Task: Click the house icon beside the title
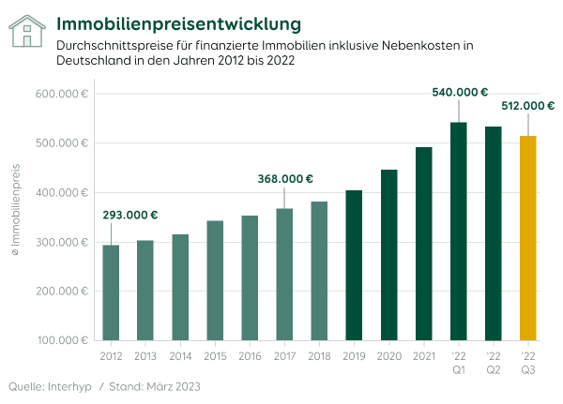coord(28,31)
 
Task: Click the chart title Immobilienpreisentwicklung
coord(179,22)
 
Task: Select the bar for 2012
coord(111,292)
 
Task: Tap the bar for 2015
coord(215,280)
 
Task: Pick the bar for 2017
coord(284,274)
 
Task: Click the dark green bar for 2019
coord(354,265)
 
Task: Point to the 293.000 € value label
coord(130,215)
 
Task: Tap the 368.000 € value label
coord(285,179)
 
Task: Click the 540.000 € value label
coord(460,92)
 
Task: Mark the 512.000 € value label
coord(529,106)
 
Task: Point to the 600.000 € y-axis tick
coord(64,94)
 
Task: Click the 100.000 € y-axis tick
coord(64,340)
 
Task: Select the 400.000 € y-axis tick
coord(64,192)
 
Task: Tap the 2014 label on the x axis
coord(180,356)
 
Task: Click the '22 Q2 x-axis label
coord(493,363)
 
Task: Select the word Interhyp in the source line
coord(68,386)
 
